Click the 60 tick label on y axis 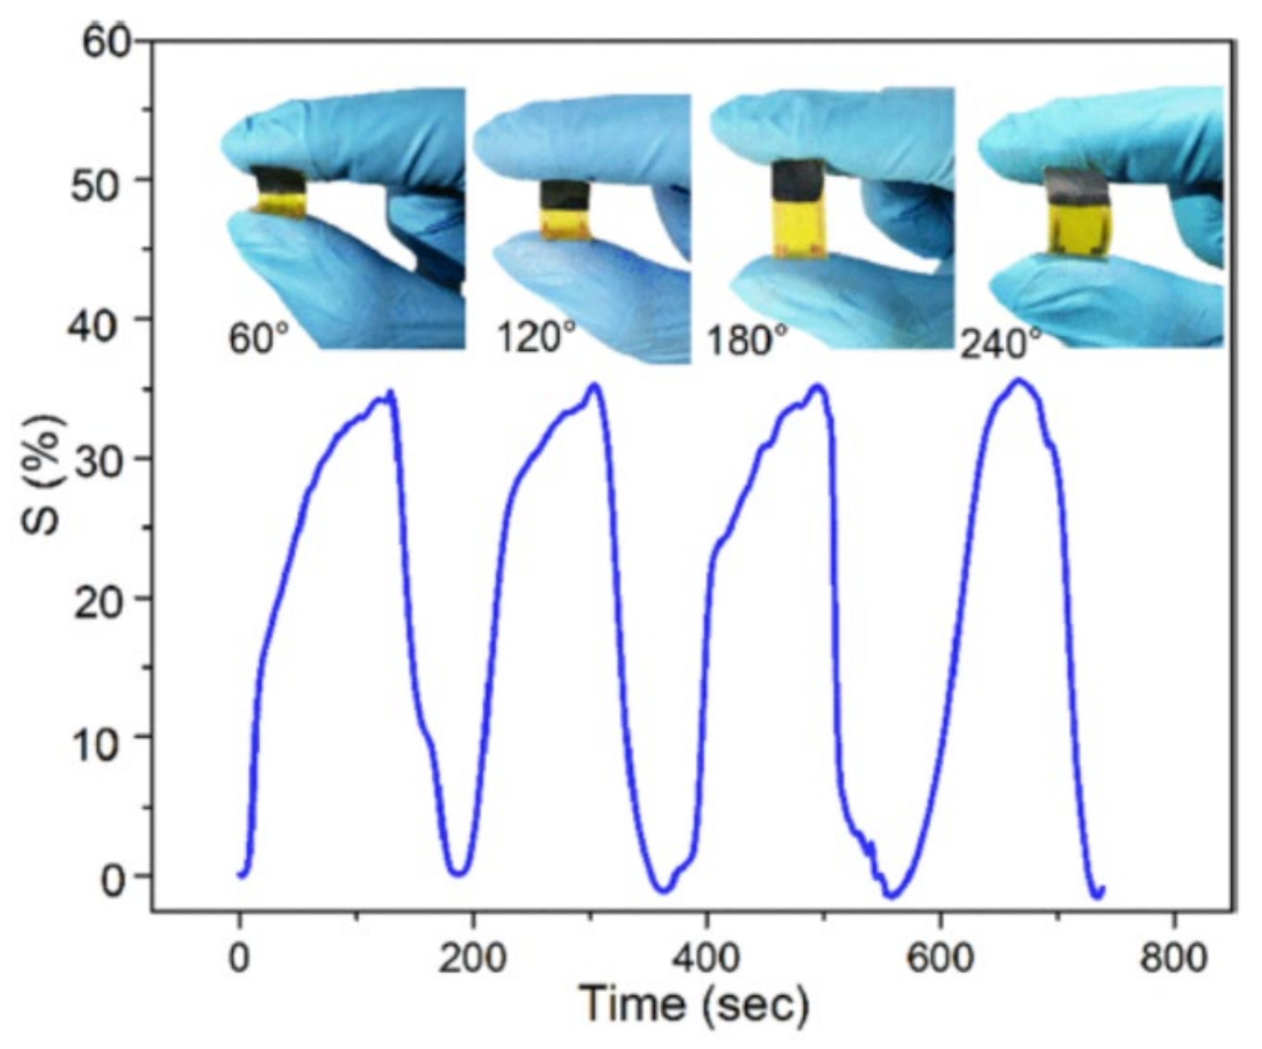pyautogui.click(x=106, y=44)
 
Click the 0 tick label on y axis pyautogui.click(x=116, y=882)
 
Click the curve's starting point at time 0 pyautogui.click(x=240, y=875)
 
